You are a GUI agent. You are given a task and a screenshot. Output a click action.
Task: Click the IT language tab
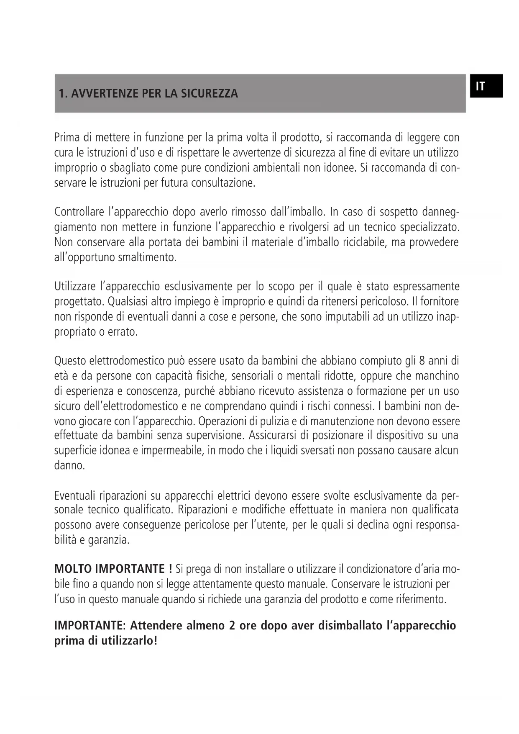[x=486, y=86]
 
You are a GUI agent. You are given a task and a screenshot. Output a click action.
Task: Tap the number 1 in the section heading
[x=61, y=93]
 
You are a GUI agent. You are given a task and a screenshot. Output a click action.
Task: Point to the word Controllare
[x=79, y=212]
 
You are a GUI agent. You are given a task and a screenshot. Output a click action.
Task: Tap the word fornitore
[x=440, y=301]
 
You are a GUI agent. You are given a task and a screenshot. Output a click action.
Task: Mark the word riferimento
[x=420, y=599]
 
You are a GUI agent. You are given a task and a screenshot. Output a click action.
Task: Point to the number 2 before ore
[x=232, y=626]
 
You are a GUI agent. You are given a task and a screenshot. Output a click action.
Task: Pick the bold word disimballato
[x=350, y=626]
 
